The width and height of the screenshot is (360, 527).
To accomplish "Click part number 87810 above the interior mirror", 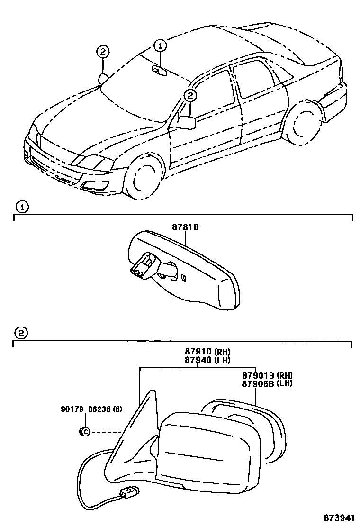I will coord(185,227).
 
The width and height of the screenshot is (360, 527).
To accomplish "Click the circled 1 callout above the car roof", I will coord(160,45).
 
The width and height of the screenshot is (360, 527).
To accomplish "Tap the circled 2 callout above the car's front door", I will coord(189,96).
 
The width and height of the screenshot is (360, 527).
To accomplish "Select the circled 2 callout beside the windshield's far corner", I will coord(103,52).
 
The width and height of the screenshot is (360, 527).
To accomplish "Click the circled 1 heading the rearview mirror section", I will coord(21,207).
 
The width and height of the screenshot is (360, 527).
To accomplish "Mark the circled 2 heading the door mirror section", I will coord(21,333).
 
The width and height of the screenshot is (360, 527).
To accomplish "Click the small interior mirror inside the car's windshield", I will coord(159,71).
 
